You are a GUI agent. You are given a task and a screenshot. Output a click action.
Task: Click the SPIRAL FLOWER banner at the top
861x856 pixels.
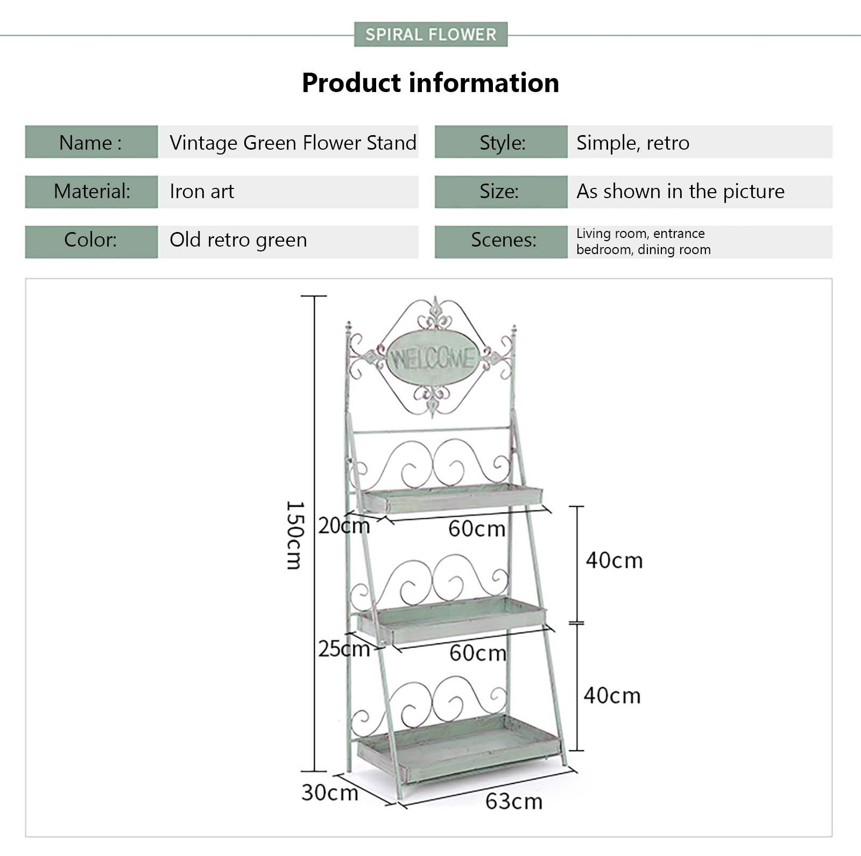(430, 34)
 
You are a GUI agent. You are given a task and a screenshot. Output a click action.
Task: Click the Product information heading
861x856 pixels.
(430, 83)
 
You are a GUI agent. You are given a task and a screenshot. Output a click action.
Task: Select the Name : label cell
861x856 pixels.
(91, 142)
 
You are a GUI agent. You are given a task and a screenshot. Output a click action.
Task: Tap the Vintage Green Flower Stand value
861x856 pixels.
(293, 143)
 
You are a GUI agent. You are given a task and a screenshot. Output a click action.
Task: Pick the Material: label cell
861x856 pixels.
(91, 192)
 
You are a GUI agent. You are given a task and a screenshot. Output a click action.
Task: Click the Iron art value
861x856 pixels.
(202, 192)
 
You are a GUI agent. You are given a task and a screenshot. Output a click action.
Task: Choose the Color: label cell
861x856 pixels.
(91, 240)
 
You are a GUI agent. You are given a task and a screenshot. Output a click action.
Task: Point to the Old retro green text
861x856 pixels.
(238, 240)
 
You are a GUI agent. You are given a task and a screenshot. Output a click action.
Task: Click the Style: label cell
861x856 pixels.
(502, 143)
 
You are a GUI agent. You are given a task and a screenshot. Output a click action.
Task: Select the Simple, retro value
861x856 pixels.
(633, 143)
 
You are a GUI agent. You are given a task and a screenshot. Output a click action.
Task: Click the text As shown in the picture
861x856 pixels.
(680, 192)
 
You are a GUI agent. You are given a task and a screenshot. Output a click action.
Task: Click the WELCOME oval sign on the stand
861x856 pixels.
(432, 359)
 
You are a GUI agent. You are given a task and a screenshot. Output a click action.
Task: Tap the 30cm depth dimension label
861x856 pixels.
(329, 793)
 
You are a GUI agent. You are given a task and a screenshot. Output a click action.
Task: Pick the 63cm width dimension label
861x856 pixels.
(514, 802)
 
